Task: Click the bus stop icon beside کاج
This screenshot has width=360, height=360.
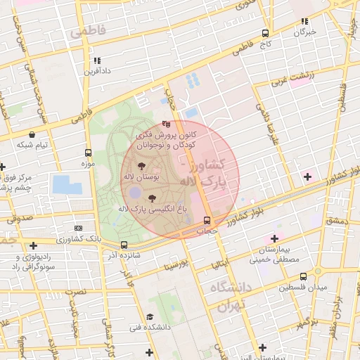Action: point(265,32)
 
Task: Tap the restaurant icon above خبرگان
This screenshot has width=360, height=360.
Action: point(304,22)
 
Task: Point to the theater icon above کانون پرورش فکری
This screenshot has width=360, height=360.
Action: point(166,123)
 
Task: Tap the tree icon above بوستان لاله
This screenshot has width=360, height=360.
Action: point(143,165)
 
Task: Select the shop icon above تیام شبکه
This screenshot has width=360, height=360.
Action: point(32,134)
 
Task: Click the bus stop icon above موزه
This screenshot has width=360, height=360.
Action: point(88,153)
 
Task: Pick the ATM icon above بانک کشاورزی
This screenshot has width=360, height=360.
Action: point(77,228)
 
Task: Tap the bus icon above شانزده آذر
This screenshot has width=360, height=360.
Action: point(124,245)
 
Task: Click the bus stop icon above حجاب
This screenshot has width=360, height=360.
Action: point(205,220)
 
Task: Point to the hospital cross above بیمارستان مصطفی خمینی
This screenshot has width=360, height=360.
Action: point(275,239)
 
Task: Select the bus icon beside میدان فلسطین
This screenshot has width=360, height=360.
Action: point(318,271)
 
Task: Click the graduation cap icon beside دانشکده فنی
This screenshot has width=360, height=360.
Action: point(149,316)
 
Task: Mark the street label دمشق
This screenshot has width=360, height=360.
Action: point(336,221)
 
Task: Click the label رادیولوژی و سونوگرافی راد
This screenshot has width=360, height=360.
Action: point(29,262)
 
